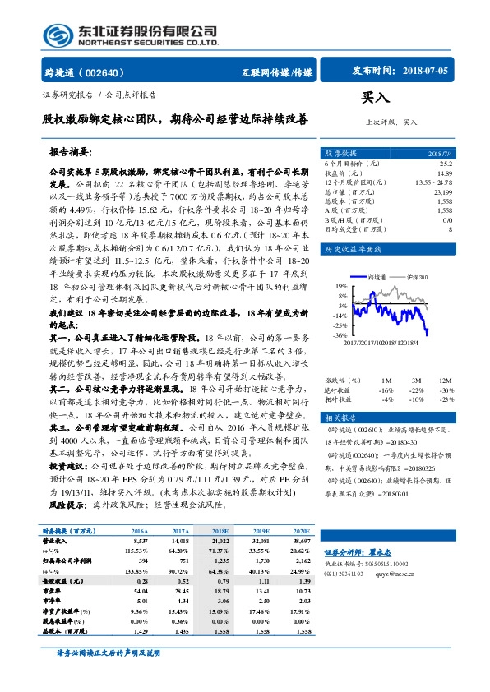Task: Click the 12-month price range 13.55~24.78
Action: (x=433, y=182)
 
